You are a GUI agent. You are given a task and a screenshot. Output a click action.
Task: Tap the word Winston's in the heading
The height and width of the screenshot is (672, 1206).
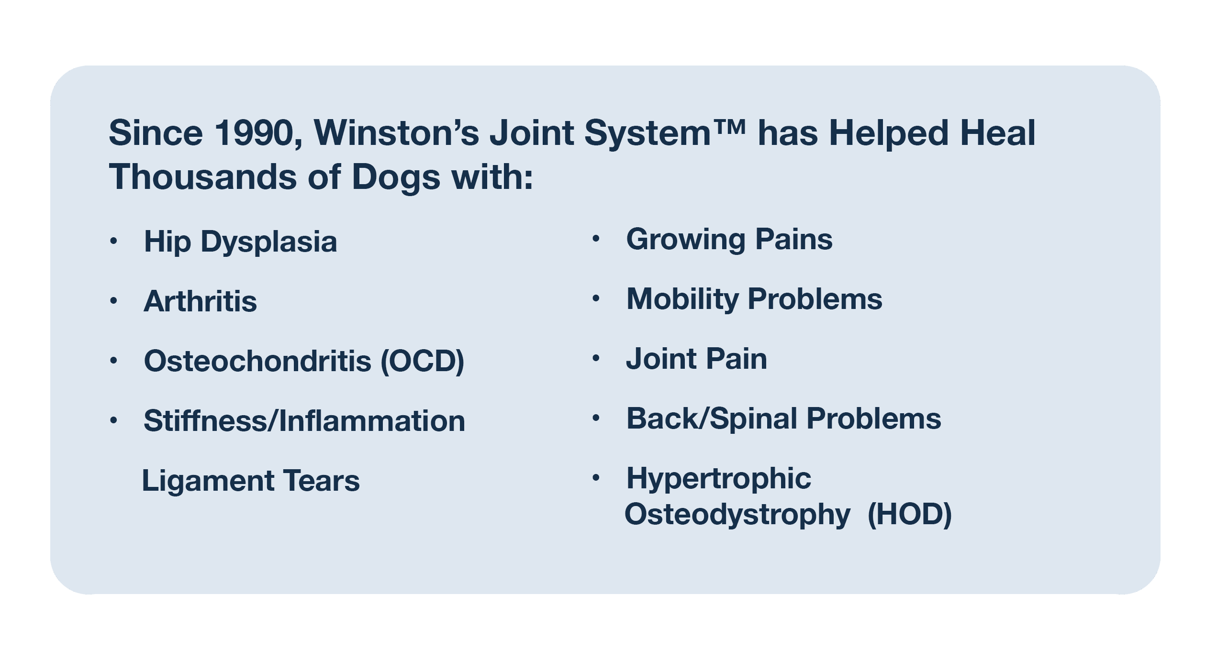[396, 132]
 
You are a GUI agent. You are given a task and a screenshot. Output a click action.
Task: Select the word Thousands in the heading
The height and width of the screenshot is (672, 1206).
[202, 177]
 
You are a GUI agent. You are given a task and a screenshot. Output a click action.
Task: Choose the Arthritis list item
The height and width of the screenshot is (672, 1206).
[200, 301]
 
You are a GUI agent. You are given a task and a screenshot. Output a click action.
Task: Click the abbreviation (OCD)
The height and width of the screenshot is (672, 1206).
[423, 361]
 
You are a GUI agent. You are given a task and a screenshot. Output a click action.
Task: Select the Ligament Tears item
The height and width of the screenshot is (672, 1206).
[251, 481]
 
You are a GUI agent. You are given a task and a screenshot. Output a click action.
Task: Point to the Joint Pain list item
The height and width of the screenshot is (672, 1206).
[696, 359]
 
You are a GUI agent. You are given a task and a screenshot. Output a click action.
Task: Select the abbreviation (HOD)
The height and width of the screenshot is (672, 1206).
[910, 515]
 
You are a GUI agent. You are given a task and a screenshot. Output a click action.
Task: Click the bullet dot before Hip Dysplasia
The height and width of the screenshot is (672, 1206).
[113, 241]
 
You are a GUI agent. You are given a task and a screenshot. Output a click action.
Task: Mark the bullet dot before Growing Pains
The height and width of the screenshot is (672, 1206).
[596, 238]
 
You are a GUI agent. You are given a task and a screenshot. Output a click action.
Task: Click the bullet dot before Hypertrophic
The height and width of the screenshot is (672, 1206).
[596, 477]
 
